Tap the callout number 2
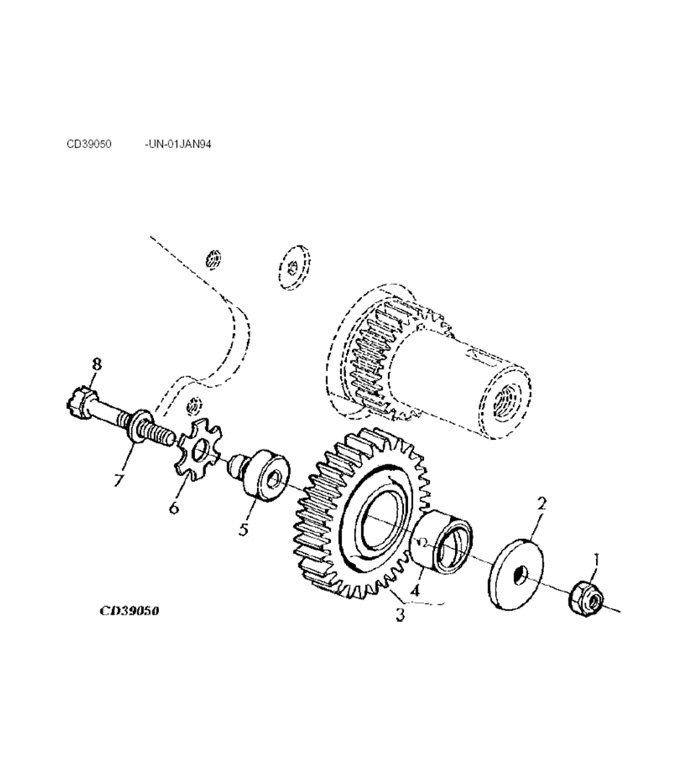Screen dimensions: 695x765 click(x=542, y=504)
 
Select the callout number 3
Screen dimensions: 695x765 click(x=400, y=614)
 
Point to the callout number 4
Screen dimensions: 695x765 click(x=415, y=591)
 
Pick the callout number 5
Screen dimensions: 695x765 click(x=243, y=529)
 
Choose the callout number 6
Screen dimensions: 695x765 click(x=173, y=507)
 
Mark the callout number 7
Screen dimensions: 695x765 click(x=118, y=480)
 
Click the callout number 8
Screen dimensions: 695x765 click(x=97, y=364)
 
